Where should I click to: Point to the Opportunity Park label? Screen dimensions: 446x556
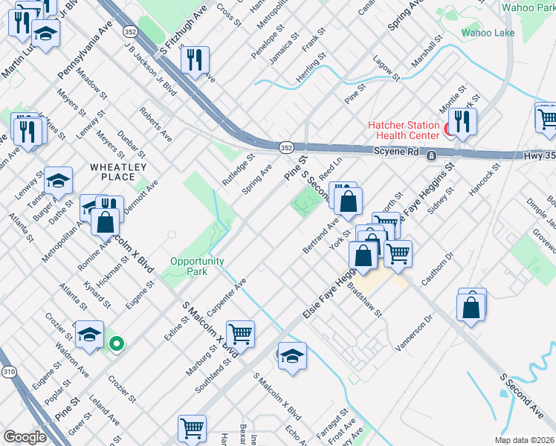click(197, 266)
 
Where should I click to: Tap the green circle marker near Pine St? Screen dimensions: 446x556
click(116, 343)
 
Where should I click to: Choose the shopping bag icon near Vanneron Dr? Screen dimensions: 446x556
click(471, 306)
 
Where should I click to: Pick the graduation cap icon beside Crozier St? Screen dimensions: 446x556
click(90, 334)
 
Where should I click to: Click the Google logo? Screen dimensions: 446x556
click(25, 437)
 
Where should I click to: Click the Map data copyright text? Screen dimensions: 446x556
click(525, 440)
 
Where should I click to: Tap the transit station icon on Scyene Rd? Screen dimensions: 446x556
click(430, 156)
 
